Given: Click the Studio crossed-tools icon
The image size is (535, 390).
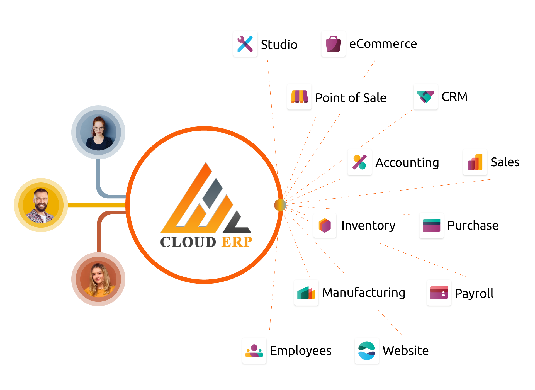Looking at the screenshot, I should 245,44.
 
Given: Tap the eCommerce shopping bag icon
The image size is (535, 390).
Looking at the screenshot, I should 333,44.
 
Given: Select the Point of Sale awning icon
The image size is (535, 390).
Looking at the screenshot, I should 299,97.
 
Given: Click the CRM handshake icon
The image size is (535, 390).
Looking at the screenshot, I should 425,97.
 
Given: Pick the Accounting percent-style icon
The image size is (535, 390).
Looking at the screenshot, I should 359,162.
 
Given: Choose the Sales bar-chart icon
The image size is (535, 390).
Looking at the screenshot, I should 475,162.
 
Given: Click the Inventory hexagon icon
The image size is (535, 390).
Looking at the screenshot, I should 325,225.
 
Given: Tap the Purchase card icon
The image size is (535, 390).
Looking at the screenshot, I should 431,225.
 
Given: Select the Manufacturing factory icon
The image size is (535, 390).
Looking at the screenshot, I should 306,293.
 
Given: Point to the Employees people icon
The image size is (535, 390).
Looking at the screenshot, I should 254,351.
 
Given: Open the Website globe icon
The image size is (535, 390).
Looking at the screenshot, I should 367,351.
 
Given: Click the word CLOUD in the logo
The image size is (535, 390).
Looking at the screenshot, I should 188,242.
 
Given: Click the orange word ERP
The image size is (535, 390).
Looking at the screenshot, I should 237,242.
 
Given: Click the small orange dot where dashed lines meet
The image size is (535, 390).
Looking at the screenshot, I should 280,205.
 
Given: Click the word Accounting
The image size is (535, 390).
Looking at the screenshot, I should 407,163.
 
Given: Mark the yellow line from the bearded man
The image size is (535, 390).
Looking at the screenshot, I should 96,205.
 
